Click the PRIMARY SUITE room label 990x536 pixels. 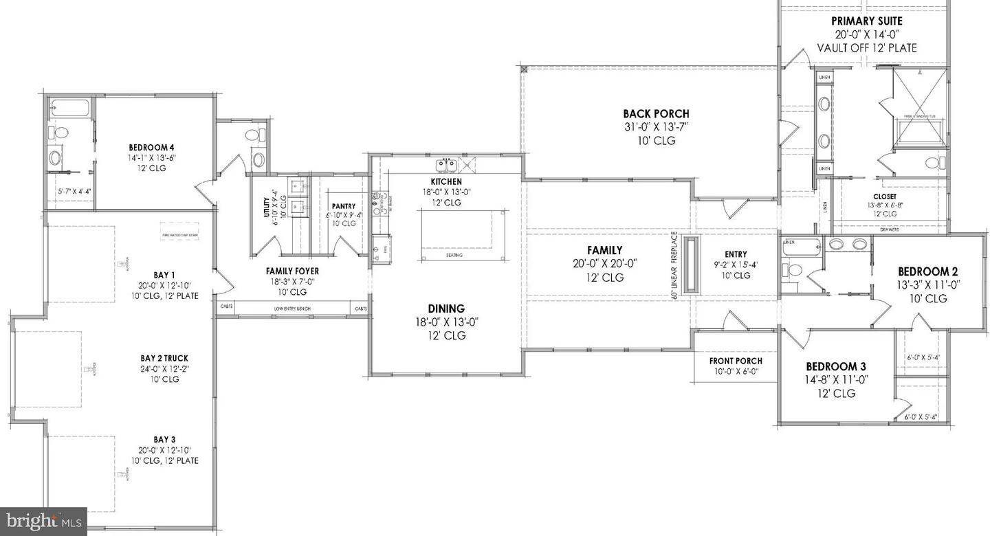pyautogui.click(x=866, y=21)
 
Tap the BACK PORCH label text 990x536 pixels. pyautogui.click(x=656, y=114)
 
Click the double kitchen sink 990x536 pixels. pyautogui.click(x=447, y=166)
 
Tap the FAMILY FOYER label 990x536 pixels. pyautogui.click(x=292, y=271)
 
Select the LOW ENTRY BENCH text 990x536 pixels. pyautogui.click(x=292, y=309)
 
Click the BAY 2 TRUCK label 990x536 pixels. pyautogui.click(x=164, y=359)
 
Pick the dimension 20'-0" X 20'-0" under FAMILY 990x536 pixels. pyautogui.click(x=604, y=264)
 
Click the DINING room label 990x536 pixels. pyautogui.click(x=446, y=309)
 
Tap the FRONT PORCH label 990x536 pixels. pyautogui.click(x=736, y=361)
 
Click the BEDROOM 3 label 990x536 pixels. pyautogui.click(x=831, y=367)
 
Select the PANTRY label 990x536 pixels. pyautogui.click(x=342, y=205)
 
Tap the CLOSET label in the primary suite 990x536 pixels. pyautogui.click(x=885, y=196)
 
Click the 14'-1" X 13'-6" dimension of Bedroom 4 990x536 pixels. pyautogui.click(x=151, y=158)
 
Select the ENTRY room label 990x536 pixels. pyautogui.click(x=736, y=254)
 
